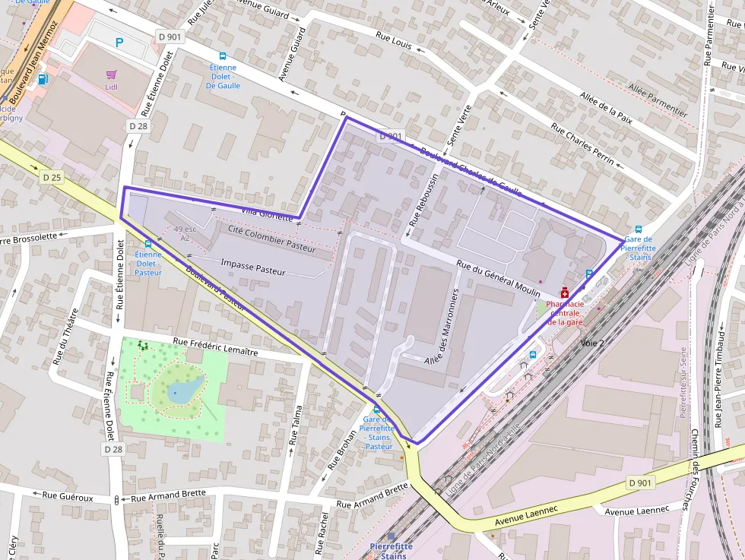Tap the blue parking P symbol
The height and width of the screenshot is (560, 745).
point(119,43)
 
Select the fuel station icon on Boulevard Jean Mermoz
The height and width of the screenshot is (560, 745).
point(43,79)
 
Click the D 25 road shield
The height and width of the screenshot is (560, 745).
point(52,178)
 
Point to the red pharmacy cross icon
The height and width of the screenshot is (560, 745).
point(564,293)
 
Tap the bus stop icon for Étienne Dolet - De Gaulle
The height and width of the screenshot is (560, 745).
point(223,56)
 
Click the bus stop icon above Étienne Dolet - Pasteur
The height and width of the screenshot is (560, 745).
point(147,244)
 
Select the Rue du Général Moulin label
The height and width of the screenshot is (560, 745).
point(498,277)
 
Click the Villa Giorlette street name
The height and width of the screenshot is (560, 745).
point(267,213)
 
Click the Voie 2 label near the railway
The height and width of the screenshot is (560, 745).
point(592,343)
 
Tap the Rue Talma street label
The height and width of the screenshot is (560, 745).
point(293,427)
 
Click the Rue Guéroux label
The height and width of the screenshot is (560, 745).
point(68,497)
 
